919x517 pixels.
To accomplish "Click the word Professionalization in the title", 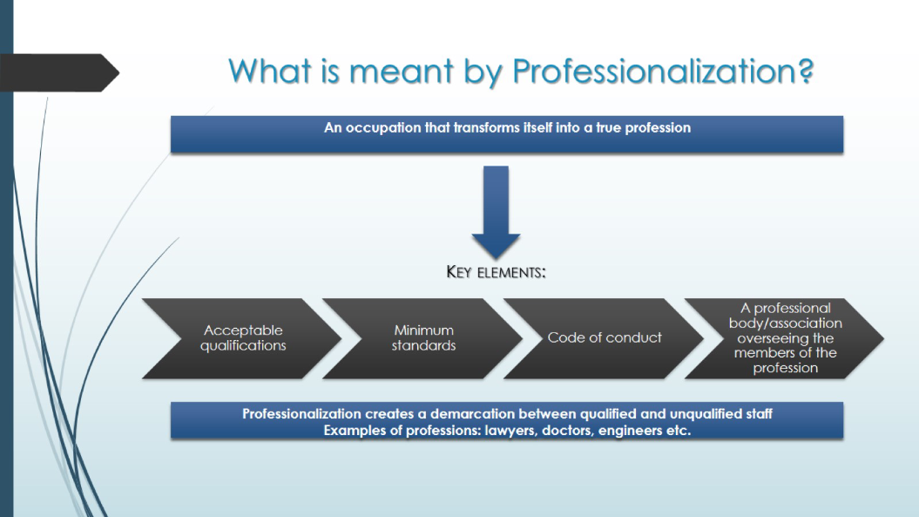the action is point(655,71).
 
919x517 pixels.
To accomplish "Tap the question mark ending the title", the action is point(806,71).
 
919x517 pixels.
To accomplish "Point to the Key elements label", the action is point(496,272).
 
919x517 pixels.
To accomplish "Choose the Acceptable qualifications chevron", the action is point(241,338).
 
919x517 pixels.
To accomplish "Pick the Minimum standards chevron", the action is point(422,338).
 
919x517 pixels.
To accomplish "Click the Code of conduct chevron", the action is point(604,338).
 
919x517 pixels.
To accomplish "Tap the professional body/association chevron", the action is point(784,338).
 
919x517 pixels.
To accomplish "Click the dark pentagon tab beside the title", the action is point(59,72).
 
